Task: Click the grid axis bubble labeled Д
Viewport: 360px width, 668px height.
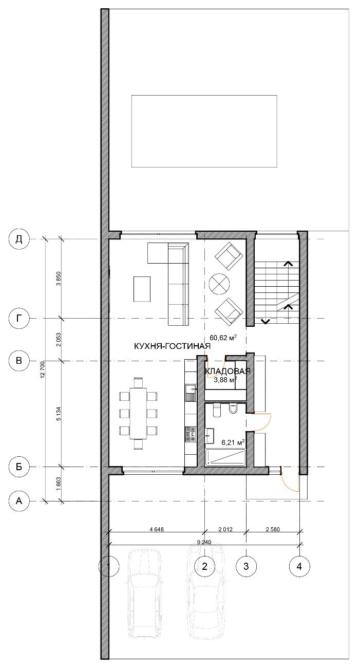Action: pos(20,239)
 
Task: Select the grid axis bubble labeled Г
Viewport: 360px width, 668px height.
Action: pos(20,319)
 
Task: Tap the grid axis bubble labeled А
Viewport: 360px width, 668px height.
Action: pos(20,501)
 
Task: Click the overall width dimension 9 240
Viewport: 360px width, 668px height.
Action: pos(204,542)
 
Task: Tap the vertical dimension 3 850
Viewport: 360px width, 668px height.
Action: pos(59,279)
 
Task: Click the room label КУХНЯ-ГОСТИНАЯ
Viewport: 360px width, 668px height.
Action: pos(172,346)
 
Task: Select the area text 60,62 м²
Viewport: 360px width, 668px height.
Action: pos(223,338)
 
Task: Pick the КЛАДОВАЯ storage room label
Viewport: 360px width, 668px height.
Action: pos(228,372)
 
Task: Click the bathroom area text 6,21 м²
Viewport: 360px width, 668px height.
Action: pos(233,442)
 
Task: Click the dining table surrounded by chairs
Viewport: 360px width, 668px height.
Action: pos(138,413)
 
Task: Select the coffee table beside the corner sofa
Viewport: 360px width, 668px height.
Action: pos(142,289)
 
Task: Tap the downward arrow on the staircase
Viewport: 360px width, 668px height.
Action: pos(265,321)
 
